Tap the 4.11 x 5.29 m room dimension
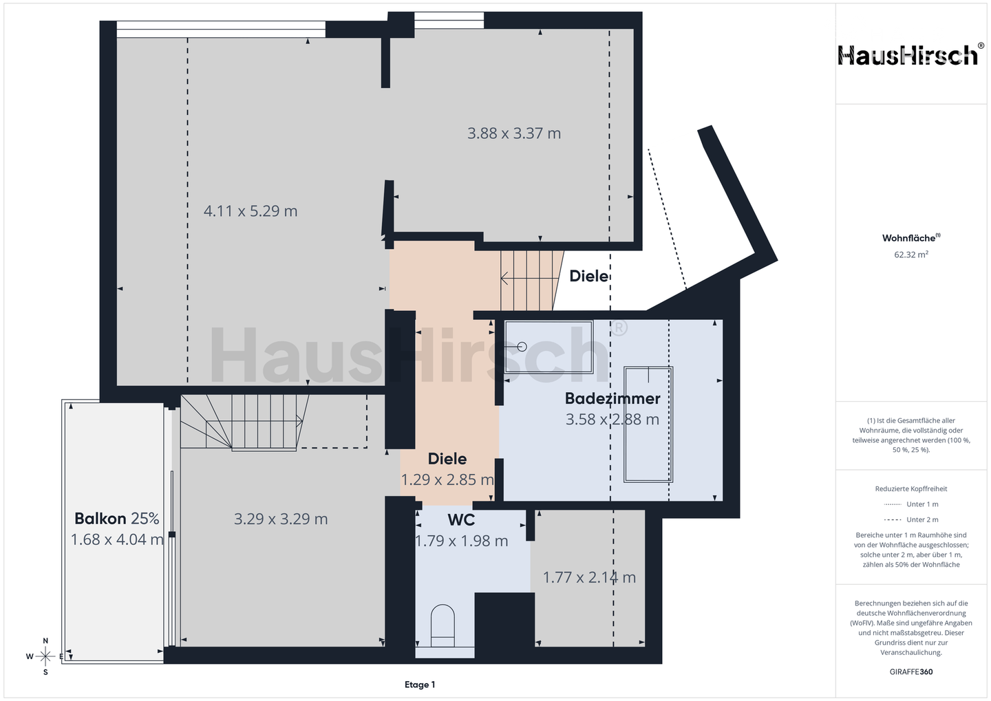click(x=251, y=211)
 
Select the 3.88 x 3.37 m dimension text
click(x=514, y=133)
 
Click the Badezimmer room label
click(x=612, y=398)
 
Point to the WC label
click(x=461, y=520)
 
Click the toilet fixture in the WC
click(x=443, y=626)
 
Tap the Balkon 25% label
click(x=117, y=518)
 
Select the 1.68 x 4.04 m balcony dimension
click(x=117, y=539)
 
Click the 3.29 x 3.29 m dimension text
click(x=281, y=519)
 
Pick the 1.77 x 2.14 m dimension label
click(x=589, y=577)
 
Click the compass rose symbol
click(x=45, y=656)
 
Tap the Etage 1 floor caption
click(x=420, y=684)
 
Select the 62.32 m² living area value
click(x=911, y=255)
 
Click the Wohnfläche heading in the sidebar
click(x=911, y=238)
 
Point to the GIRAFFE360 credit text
click(x=911, y=672)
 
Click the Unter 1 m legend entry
click(x=911, y=504)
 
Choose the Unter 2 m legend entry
click(x=911, y=519)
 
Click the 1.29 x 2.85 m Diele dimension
click(x=447, y=480)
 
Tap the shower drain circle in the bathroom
click(x=522, y=347)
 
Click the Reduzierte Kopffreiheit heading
click(x=911, y=488)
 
